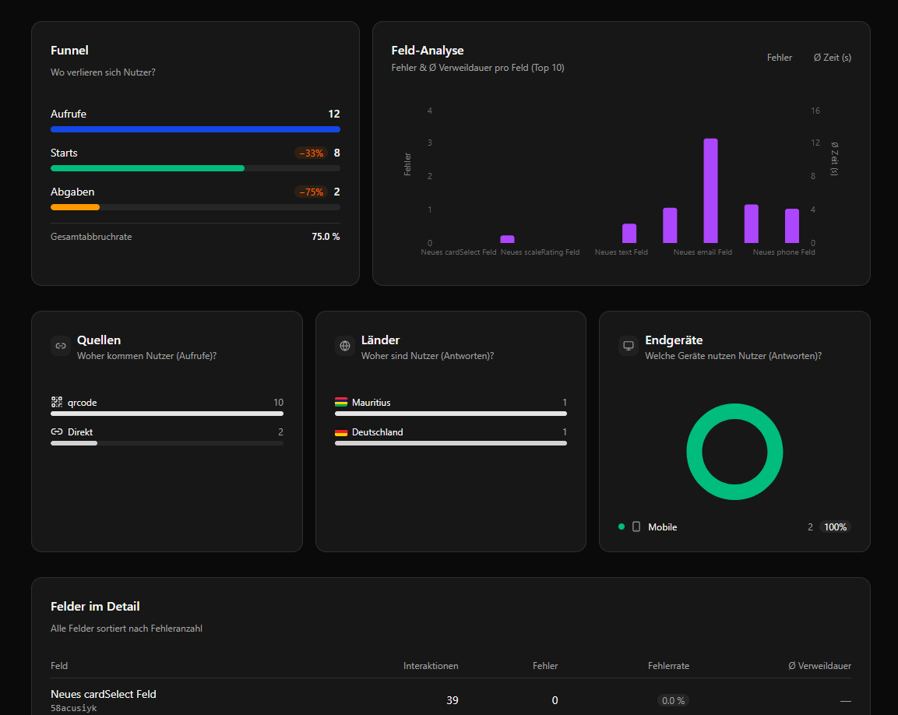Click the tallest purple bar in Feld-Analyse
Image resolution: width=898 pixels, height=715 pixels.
point(710,191)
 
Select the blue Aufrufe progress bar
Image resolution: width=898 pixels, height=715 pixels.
point(195,129)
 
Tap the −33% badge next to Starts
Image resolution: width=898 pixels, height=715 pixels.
point(311,153)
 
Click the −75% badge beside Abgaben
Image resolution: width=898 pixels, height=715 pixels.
point(311,192)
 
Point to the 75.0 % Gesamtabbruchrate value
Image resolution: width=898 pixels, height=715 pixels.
point(326,237)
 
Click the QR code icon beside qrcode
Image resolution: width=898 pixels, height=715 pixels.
point(57,402)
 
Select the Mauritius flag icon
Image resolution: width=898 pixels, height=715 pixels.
point(341,403)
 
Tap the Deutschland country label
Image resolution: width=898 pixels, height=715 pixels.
point(377,431)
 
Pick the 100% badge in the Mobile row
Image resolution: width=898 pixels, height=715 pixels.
point(835,527)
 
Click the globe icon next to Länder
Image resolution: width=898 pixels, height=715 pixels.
point(345,346)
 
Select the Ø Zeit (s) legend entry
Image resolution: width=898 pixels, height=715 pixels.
point(832,58)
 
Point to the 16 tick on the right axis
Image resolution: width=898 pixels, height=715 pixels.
point(815,111)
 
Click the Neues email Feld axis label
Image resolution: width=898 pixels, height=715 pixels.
point(703,252)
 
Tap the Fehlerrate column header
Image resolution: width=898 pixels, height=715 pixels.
point(668,666)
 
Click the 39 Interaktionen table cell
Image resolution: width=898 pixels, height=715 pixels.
point(452,700)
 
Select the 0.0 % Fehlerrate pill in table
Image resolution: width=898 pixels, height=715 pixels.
point(673,700)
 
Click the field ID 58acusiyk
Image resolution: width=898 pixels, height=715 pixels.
point(74,708)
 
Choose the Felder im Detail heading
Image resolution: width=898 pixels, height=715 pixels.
point(95,606)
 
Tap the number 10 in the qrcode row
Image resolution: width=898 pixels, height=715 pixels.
point(278,403)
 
